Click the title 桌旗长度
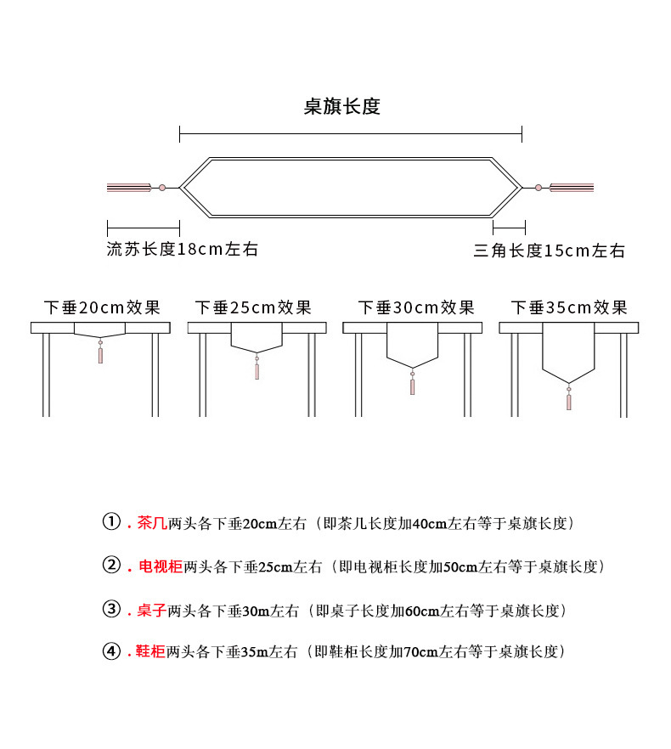pos(341,106)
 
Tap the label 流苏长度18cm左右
pos(182,249)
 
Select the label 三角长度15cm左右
pos(550,251)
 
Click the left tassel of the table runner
pos(129,188)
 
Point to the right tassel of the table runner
pos(572,188)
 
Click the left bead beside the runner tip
pos(162,188)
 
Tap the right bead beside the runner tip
pos(538,188)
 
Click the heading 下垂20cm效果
pos(102,307)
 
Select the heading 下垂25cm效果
pos(253,307)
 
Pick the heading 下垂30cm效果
pos(416,307)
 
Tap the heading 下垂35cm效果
pos(569,307)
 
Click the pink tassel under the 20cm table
pos(100,355)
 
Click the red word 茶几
pos(152,523)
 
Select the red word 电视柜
pos(161,566)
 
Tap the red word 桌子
pos(152,610)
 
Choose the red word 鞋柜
pos(150,651)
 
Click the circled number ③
pos(112,609)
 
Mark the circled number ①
pos(112,521)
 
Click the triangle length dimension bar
pos(509,228)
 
